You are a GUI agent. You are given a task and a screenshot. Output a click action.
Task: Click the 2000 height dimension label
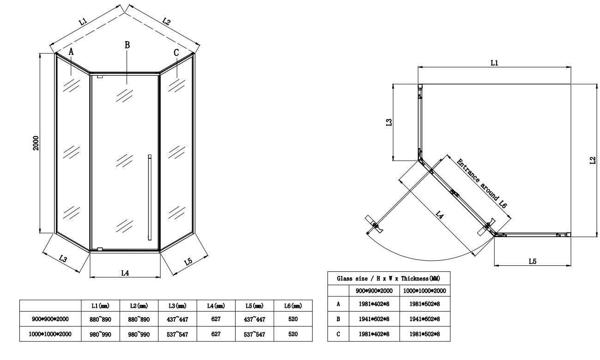[36, 143]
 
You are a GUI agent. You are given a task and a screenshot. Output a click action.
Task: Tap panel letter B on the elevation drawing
[127, 45]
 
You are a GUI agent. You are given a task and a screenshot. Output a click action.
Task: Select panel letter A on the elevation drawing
[71, 51]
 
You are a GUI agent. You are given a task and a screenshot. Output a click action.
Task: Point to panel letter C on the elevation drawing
[176, 53]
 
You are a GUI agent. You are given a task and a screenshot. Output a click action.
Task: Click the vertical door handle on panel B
[150, 197]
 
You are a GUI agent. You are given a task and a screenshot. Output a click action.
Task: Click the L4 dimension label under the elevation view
[125, 273]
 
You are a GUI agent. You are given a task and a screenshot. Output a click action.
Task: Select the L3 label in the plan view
[389, 122]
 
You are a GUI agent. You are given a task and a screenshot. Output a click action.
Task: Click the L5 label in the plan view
[533, 261]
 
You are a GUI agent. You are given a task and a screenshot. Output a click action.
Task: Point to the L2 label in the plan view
[593, 160]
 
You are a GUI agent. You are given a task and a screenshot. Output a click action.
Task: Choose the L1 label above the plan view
[494, 63]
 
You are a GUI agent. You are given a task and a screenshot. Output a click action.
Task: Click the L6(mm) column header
[293, 306]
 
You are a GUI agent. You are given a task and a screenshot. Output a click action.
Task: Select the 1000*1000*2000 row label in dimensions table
[50, 334]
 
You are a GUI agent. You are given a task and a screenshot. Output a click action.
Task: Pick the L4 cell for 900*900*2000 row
[216, 319]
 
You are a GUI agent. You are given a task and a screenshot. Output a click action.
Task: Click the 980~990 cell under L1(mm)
[100, 334]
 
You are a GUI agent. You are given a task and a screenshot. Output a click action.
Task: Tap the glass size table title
[388, 279]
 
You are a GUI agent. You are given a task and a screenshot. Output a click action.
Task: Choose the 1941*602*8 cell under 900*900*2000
[374, 319]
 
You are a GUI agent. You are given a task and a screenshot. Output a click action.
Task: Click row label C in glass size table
[338, 334]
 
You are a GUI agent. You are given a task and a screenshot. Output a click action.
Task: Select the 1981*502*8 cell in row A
[424, 304]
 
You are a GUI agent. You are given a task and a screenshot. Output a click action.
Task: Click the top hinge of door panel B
[100, 77]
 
